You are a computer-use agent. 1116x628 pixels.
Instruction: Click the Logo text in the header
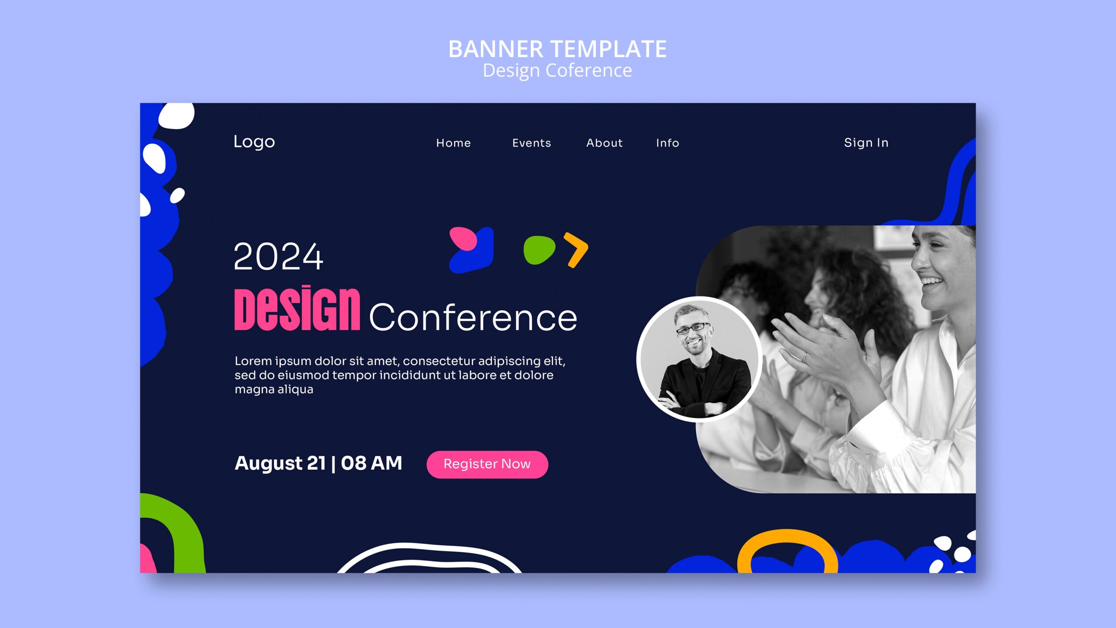click(254, 142)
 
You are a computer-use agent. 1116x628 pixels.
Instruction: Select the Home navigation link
click(453, 143)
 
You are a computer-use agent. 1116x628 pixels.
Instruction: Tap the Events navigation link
click(531, 143)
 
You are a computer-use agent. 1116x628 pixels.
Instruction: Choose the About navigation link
click(604, 143)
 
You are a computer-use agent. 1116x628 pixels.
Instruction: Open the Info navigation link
click(667, 143)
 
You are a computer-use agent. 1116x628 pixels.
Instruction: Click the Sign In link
click(866, 143)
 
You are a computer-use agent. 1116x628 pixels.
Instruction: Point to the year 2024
click(278, 257)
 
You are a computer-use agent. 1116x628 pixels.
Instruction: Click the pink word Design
click(297, 309)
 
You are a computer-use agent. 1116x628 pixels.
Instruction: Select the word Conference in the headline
click(473, 318)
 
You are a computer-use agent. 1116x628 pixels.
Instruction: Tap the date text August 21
click(280, 463)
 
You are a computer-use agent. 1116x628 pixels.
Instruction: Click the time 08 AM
click(371, 463)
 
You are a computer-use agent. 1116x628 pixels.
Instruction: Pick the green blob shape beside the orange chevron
click(539, 250)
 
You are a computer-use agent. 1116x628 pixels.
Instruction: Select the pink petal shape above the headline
click(463, 238)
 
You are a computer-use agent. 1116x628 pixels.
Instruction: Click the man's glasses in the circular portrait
click(693, 328)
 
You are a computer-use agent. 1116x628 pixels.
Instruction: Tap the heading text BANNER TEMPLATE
click(557, 49)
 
